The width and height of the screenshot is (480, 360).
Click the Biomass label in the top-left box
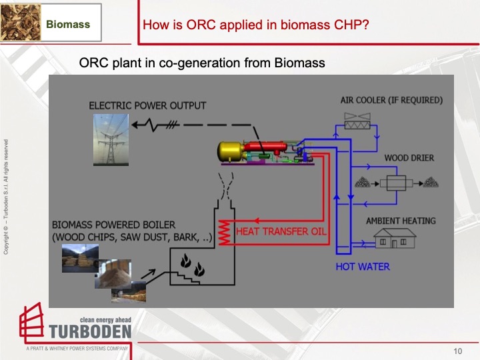[68, 25]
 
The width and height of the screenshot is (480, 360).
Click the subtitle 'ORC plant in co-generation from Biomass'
[201, 63]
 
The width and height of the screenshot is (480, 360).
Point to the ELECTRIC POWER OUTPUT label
[147, 105]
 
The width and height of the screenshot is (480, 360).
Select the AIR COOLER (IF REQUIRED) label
[391, 100]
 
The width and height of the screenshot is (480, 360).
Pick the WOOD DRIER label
[409, 158]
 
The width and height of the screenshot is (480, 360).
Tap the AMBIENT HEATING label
[401, 221]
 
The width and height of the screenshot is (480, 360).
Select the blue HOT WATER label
[363, 267]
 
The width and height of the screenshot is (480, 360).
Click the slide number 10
[457, 351]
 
